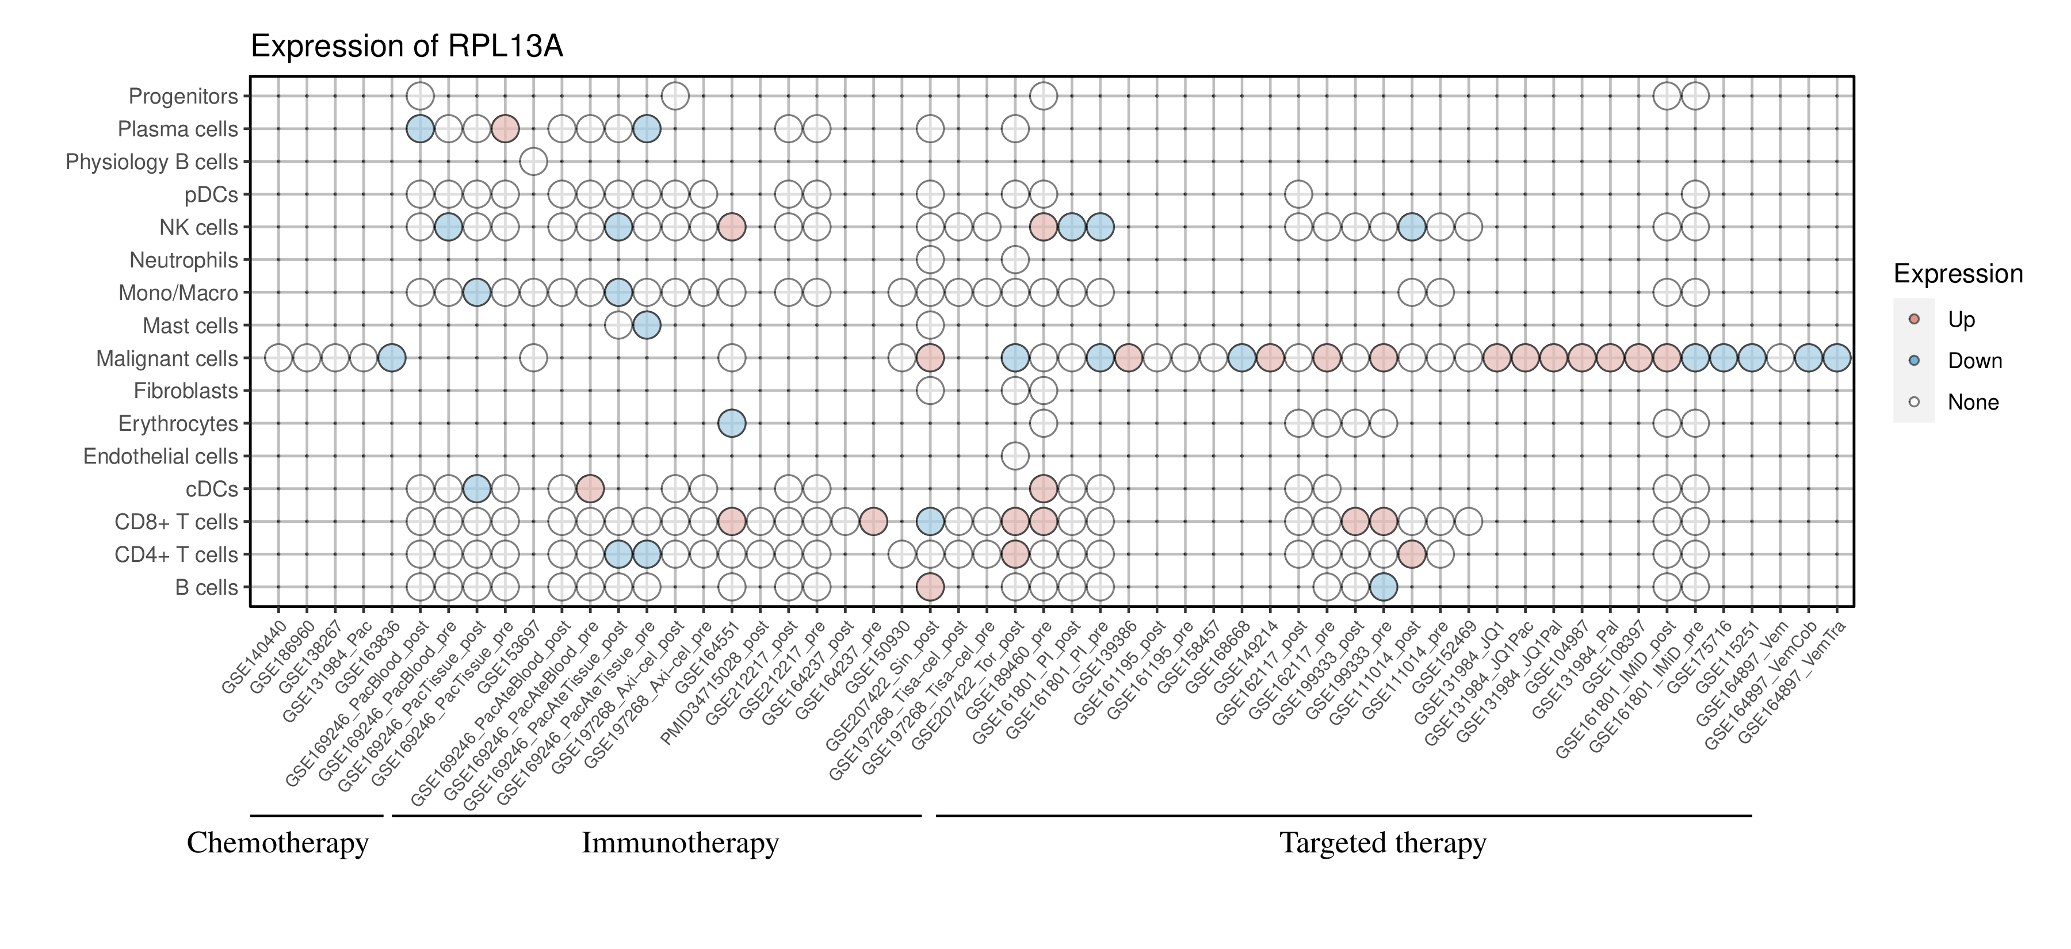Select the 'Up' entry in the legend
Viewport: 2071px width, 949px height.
click(x=1961, y=320)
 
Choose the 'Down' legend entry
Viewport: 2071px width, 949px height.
click(x=1974, y=361)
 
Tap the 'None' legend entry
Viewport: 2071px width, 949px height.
click(x=1972, y=403)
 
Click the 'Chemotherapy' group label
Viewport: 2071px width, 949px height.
click(x=277, y=843)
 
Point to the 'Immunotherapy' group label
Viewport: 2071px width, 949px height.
click(x=680, y=843)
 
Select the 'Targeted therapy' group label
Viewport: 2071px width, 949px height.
click(x=1383, y=843)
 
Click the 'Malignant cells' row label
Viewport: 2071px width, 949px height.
click(x=167, y=358)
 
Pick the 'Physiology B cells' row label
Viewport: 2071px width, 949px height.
click(x=152, y=162)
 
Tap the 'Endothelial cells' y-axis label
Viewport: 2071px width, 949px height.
click(x=161, y=457)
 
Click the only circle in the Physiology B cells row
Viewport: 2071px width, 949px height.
click(x=533, y=162)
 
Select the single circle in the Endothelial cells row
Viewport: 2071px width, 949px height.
click(x=1015, y=457)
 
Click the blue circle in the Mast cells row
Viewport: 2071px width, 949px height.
click(x=647, y=326)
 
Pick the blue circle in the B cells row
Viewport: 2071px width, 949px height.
click(x=1383, y=587)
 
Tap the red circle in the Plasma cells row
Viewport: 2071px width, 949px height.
click(x=505, y=129)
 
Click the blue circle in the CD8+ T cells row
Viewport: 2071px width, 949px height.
click(x=930, y=522)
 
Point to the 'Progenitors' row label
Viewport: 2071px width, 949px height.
click(x=184, y=97)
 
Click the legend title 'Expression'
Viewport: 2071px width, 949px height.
click(x=1958, y=274)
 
